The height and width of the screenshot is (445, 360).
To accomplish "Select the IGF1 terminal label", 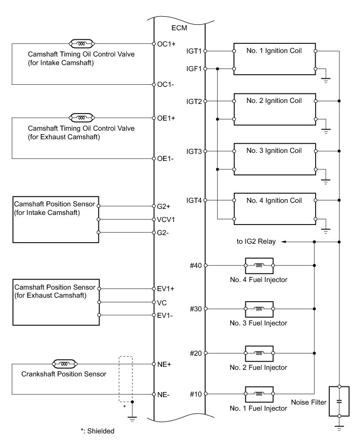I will click(x=194, y=69).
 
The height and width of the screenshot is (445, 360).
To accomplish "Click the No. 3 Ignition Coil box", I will click(x=274, y=159).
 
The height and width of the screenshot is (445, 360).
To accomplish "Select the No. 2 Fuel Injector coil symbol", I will click(x=259, y=353).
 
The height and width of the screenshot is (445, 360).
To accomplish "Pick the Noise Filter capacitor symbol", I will click(x=339, y=402).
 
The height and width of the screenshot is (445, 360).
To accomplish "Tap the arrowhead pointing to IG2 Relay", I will click(x=284, y=242).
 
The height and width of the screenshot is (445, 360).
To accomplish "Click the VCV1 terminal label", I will click(x=166, y=219).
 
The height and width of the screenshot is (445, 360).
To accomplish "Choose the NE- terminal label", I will click(x=165, y=394).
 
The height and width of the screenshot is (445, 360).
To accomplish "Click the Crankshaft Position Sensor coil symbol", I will click(x=64, y=363).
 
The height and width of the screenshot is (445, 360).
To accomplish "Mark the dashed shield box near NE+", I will click(x=126, y=379).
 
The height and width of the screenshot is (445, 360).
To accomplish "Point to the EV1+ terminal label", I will click(x=166, y=289).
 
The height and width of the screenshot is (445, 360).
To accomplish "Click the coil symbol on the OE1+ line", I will click(x=80, y=118).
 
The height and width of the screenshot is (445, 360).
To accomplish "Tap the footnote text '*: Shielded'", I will click(x=97, y=431).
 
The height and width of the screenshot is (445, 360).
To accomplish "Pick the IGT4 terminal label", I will click(x=194, y=201).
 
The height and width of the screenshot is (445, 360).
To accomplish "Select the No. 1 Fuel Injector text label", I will click(x=258, y=408).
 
